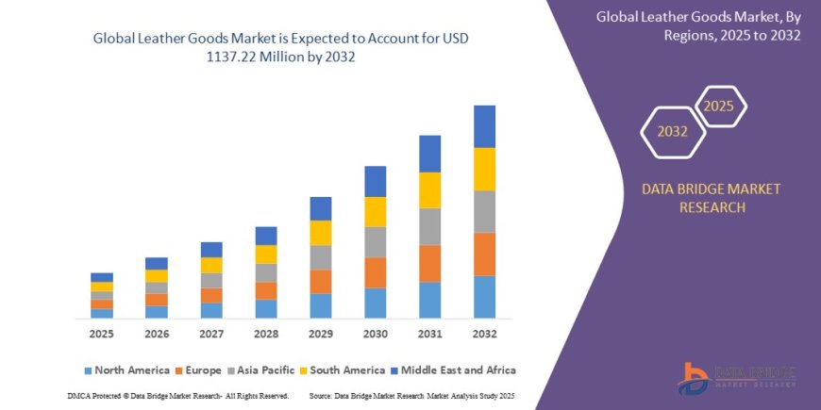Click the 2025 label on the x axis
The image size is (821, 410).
pyautogui.click(x=101, y=335)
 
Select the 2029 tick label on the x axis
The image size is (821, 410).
pyautogui.click(x=320, y=335)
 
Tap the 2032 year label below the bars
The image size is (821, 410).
pyautogui.click(x=484, y=335)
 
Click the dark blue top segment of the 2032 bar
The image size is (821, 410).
pyautogui.click(x=484, y=126)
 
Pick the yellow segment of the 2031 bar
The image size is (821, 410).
pyautogui.click(x=429, y=190)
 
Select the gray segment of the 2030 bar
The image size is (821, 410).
pyautogui.click(x=375, y=242)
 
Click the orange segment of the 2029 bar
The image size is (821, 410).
pyautogui.click(x=320, y=282)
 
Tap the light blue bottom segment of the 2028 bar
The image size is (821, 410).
pyautogui.click(x=266, y=308)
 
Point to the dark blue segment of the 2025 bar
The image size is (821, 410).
pyautogui.click(x=101, y=277)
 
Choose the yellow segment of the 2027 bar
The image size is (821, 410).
pyautogui.click(x=211, y=265)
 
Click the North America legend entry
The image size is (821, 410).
pyautogui.click(x=126, y=370)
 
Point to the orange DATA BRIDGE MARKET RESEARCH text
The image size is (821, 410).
pyautogui.click(x=711, y=198)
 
